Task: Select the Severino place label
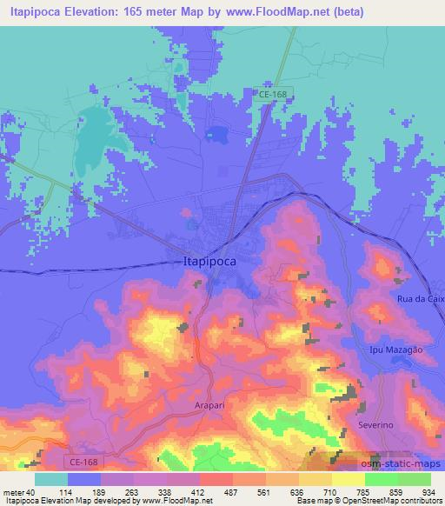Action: click(376, 428)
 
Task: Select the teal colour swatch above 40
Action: click(51, 478)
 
